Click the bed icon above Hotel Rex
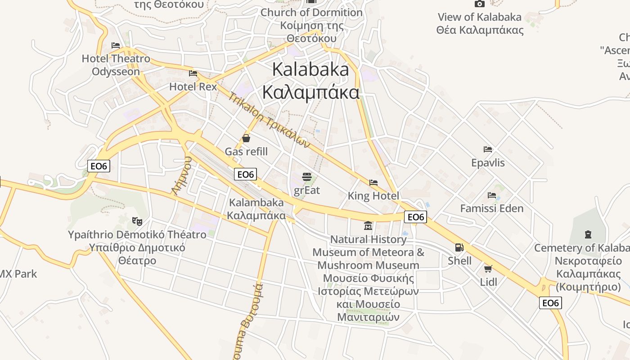tap(193, 73)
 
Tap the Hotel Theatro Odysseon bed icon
tap(116, 45)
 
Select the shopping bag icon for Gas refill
tap(246, 138)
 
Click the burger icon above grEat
tap(307, 176)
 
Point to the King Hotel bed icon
tap(373, 182)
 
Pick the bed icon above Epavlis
tap(488, 149)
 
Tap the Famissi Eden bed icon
tap(492, 195)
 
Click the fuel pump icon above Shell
tap(459, 247)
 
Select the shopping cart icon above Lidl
tap(488, 269)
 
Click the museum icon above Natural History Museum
tap(368, 225)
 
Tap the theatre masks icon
tap(137, 221)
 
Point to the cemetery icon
tap(588, 234)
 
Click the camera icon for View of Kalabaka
tap(480, 4)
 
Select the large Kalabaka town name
tap(310, 81)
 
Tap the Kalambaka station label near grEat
tap(256, 209)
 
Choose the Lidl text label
tap(488, 282)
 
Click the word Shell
tap(459, 261)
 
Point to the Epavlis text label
tap(488, 162)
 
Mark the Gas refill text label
tap(246, 152)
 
